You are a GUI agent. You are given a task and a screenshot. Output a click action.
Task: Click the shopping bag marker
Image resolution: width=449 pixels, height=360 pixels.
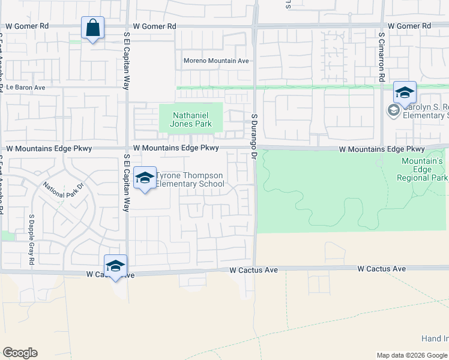click(92, 28)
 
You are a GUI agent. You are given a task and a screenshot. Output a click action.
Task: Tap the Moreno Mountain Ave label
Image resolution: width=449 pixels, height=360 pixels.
click(216, 61)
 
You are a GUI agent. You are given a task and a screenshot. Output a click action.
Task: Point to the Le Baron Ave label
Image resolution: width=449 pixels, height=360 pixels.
click(26, 87)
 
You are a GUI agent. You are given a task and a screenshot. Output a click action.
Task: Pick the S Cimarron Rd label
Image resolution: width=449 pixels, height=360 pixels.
click(381, 57)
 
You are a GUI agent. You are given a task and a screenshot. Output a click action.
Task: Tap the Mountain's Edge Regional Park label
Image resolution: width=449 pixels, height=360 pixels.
click(423, 169)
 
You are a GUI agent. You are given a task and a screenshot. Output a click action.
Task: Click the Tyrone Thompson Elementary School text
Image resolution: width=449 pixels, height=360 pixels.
click(190, 179)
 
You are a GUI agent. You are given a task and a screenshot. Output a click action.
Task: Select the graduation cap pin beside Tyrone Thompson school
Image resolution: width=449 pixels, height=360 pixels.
click(144, 178)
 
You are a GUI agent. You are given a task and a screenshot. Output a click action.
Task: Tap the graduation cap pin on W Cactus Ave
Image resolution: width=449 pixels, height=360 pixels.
click(115, 266)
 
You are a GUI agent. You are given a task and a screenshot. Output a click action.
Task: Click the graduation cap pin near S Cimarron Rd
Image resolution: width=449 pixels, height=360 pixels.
click(405, 94)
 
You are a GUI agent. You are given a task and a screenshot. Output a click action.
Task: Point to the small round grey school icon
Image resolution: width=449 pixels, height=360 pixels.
click(393, 110)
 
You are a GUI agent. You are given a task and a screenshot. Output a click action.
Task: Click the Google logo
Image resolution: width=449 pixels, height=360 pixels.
click(20, 353)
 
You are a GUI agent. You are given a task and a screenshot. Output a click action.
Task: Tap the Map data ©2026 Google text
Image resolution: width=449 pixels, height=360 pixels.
click(411, 355)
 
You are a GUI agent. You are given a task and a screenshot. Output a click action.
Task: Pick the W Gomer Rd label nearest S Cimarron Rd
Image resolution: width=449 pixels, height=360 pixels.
click(409, 26)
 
